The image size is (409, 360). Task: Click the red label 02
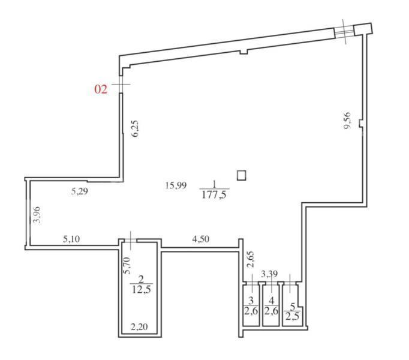101,89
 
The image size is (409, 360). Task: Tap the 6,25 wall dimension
135,129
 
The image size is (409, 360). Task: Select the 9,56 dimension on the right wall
347,121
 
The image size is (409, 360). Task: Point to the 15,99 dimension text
176,185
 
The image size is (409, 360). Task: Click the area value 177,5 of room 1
214,194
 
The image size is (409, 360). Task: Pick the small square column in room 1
241,175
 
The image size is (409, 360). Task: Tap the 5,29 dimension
80,191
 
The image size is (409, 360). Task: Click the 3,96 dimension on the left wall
37,215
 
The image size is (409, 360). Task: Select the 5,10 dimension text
71,239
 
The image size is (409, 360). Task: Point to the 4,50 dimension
200,239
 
